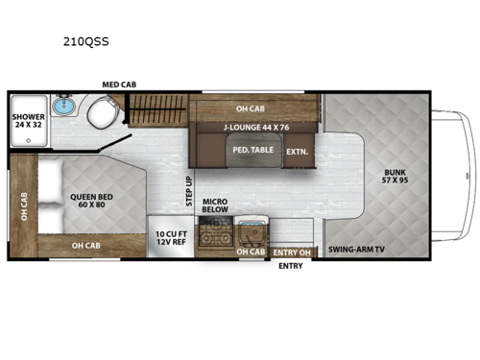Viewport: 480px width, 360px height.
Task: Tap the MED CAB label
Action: tap(120, 84)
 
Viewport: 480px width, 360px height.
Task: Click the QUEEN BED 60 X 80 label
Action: tap(89, 201)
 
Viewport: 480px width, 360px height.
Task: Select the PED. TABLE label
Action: tap(252, 151)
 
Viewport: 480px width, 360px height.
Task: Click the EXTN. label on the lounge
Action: tap(297, 151)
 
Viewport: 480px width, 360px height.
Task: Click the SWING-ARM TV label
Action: tap(355, 250)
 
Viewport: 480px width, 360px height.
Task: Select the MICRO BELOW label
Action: tap(215, 204)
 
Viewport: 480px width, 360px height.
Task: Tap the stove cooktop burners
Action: tap(213, 234)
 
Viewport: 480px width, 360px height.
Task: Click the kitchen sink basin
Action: tap(252, 233)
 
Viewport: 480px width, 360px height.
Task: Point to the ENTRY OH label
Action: tap(291, 252)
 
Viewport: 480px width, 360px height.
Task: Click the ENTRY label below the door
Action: tap(289, 268)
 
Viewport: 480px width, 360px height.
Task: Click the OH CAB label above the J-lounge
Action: tap(252, 108)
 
